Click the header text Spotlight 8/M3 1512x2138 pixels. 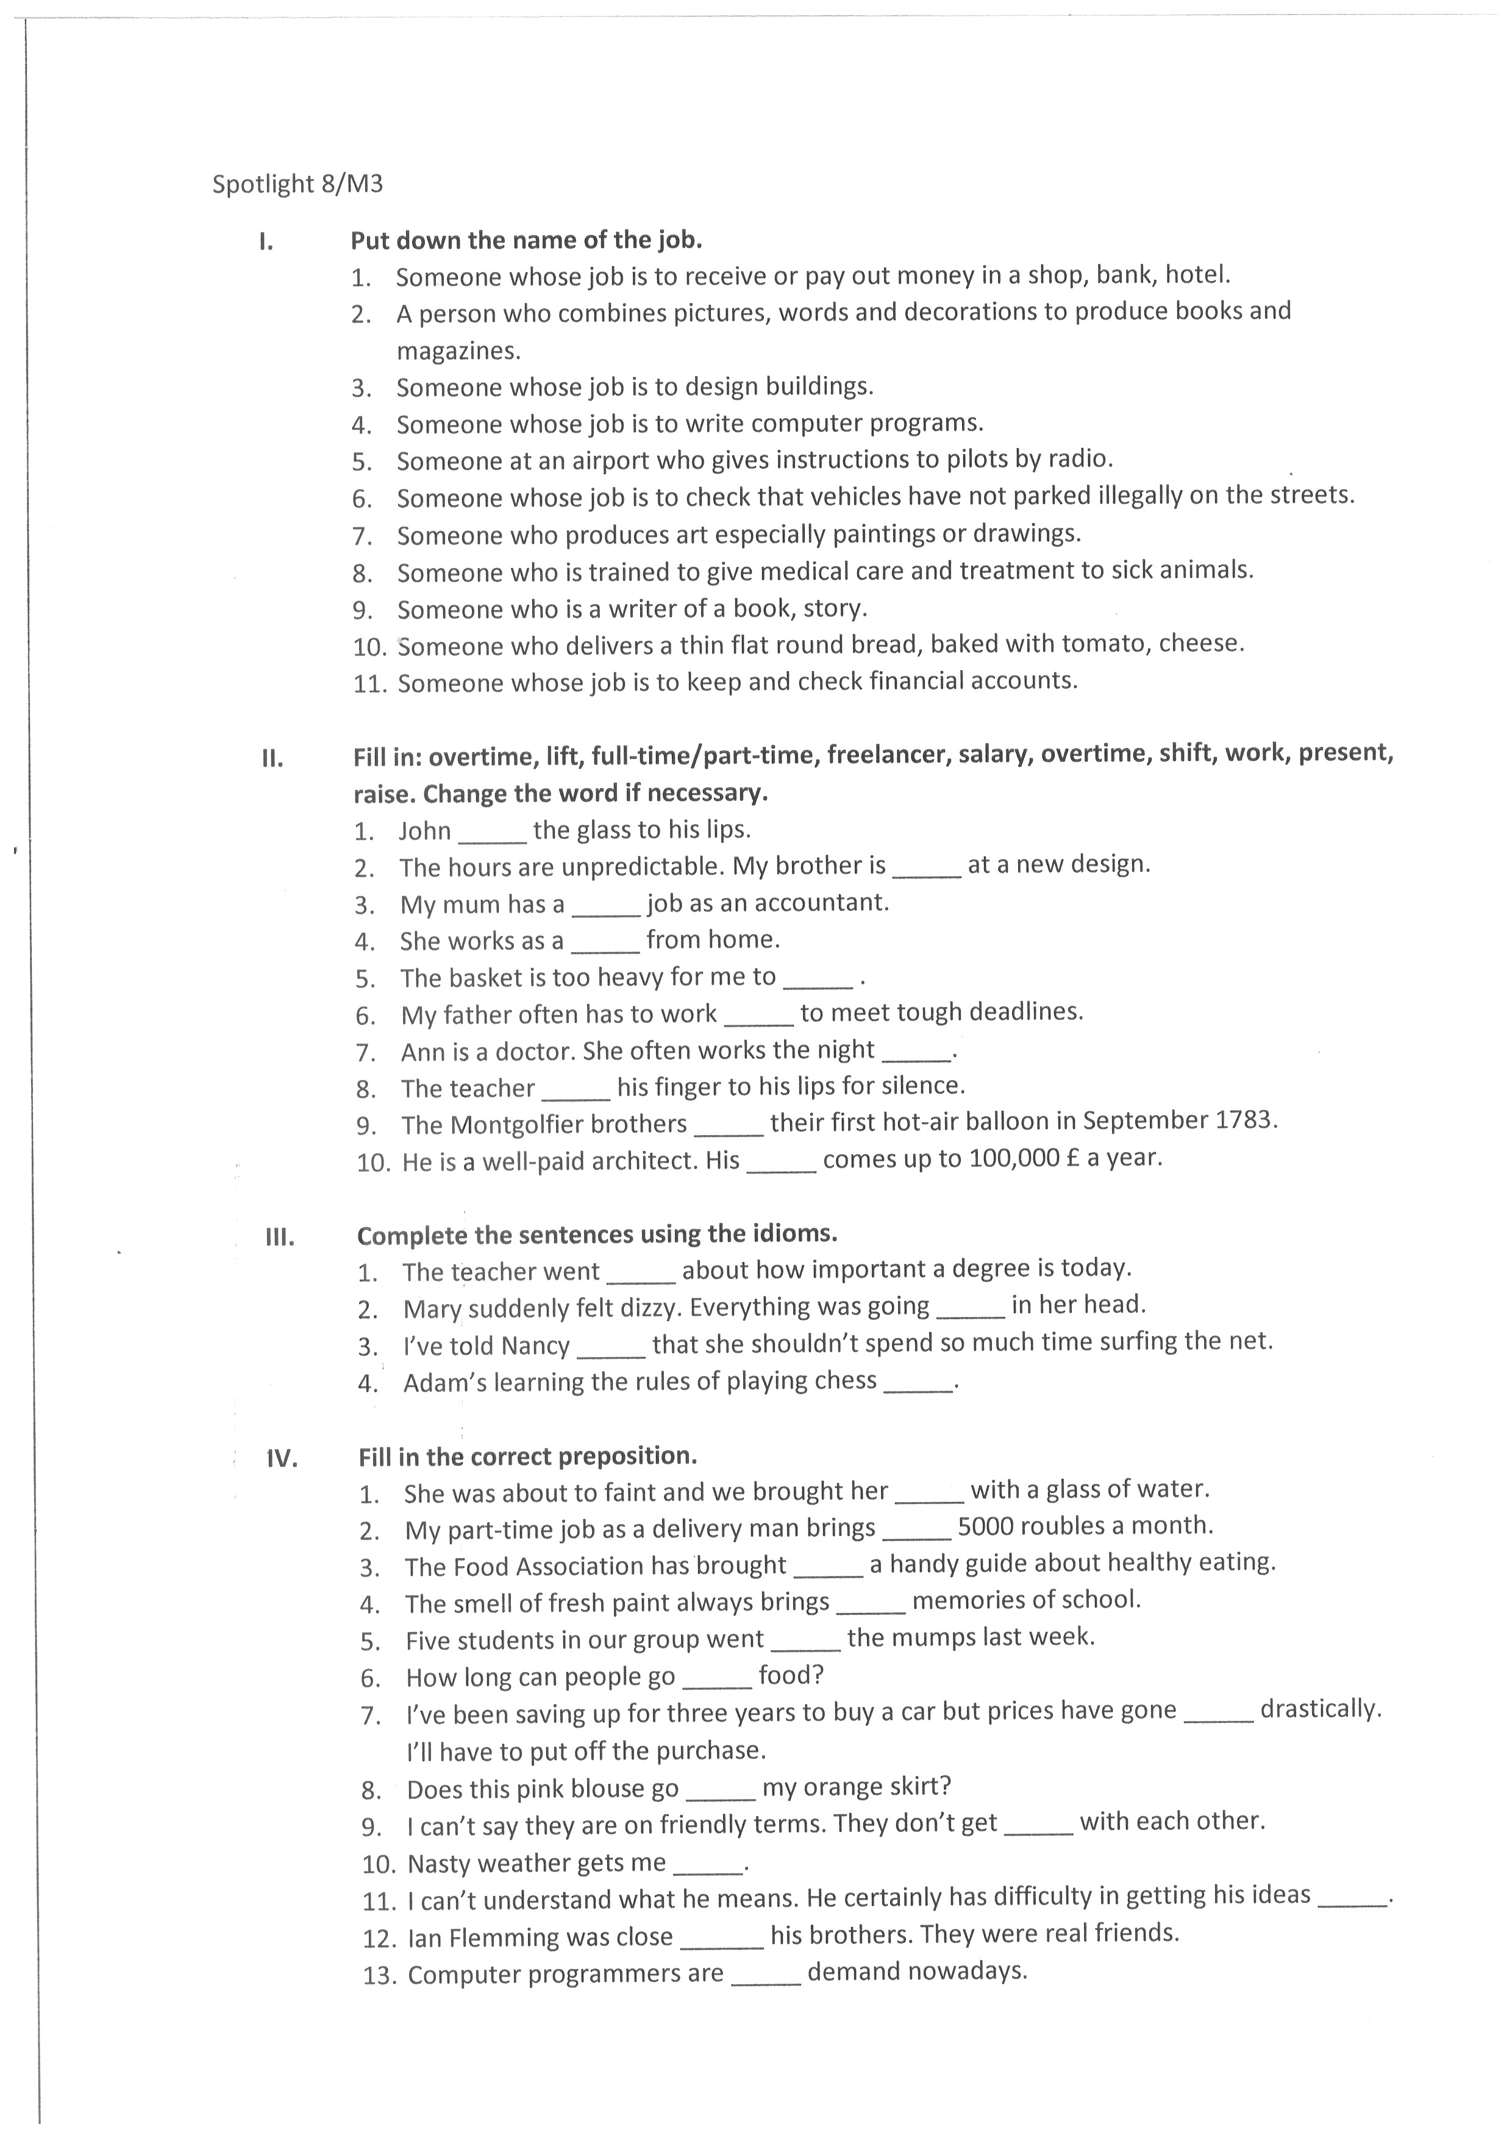pyautogui.click(x=297, y=184)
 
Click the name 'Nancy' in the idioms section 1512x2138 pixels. pyautogui.click(x=535, y=1345)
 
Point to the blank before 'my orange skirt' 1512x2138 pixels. pyautogui.click(x=719, y=1790)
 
